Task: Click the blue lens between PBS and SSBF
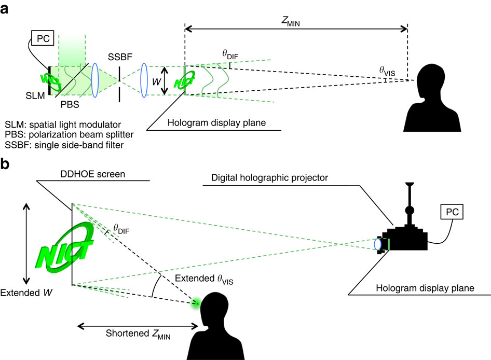tap(95, 79)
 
